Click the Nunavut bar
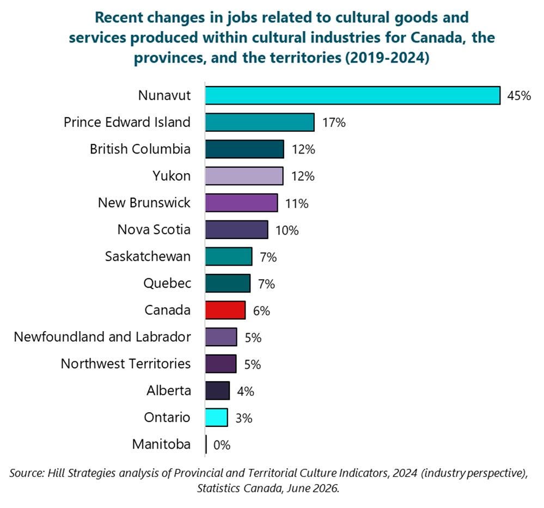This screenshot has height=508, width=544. (353, 95)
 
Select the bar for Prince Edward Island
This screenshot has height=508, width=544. (260, 122)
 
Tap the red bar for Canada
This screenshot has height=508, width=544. (225, 310)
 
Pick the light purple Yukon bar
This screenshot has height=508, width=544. (245, 176)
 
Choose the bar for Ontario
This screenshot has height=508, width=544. (217, 418)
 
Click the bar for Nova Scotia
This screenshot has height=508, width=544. (237, 230)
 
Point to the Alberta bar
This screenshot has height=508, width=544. (217, 391)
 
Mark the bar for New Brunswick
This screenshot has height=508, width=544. (241, 203)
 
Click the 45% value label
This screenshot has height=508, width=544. (519, 96)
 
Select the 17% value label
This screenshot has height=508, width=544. (334, 123)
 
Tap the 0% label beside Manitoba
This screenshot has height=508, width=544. (222, 445)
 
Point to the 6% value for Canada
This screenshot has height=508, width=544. (261, 310)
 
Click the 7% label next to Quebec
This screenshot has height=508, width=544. (266, 284)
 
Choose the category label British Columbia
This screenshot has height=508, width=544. (140, 149)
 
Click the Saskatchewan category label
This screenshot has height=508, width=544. (148, 256)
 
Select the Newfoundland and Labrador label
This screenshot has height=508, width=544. (102, 336)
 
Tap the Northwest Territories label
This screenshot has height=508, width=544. (126, 363)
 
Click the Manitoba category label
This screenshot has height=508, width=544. (161, 444)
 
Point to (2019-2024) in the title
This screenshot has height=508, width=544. (387, 58)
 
